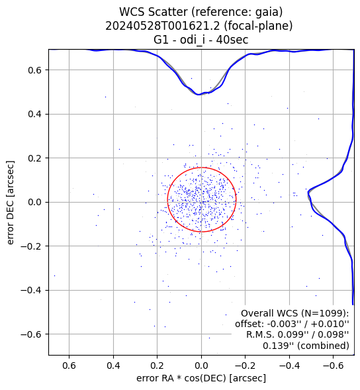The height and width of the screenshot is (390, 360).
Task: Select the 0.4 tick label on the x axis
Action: (x=113, y=366)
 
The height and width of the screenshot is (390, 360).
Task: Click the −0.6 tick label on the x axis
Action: (x=334, y=366)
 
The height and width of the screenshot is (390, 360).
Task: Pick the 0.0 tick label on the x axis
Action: (x=201, y=366)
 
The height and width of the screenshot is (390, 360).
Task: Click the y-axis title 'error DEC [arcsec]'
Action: (x=11, y=203)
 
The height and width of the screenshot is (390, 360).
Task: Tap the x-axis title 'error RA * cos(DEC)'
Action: (x=182, y=378)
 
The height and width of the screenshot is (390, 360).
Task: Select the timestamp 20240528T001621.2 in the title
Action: (x=163, y=26)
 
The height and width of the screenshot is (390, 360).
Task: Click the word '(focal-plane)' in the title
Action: (x=258, y=26)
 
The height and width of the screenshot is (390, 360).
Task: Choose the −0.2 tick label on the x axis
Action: (x=246, y=366)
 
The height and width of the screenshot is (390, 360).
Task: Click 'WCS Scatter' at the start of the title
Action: (x=154, y=12)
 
